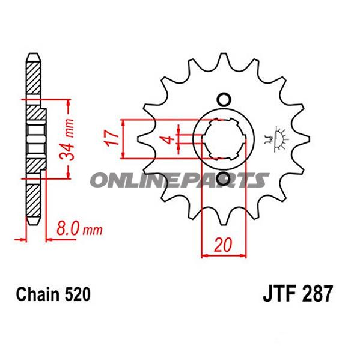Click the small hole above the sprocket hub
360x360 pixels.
224,100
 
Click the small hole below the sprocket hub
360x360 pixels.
224,179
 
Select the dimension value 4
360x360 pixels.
169,139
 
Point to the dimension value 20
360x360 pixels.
223,245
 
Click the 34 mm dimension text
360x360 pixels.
67,139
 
